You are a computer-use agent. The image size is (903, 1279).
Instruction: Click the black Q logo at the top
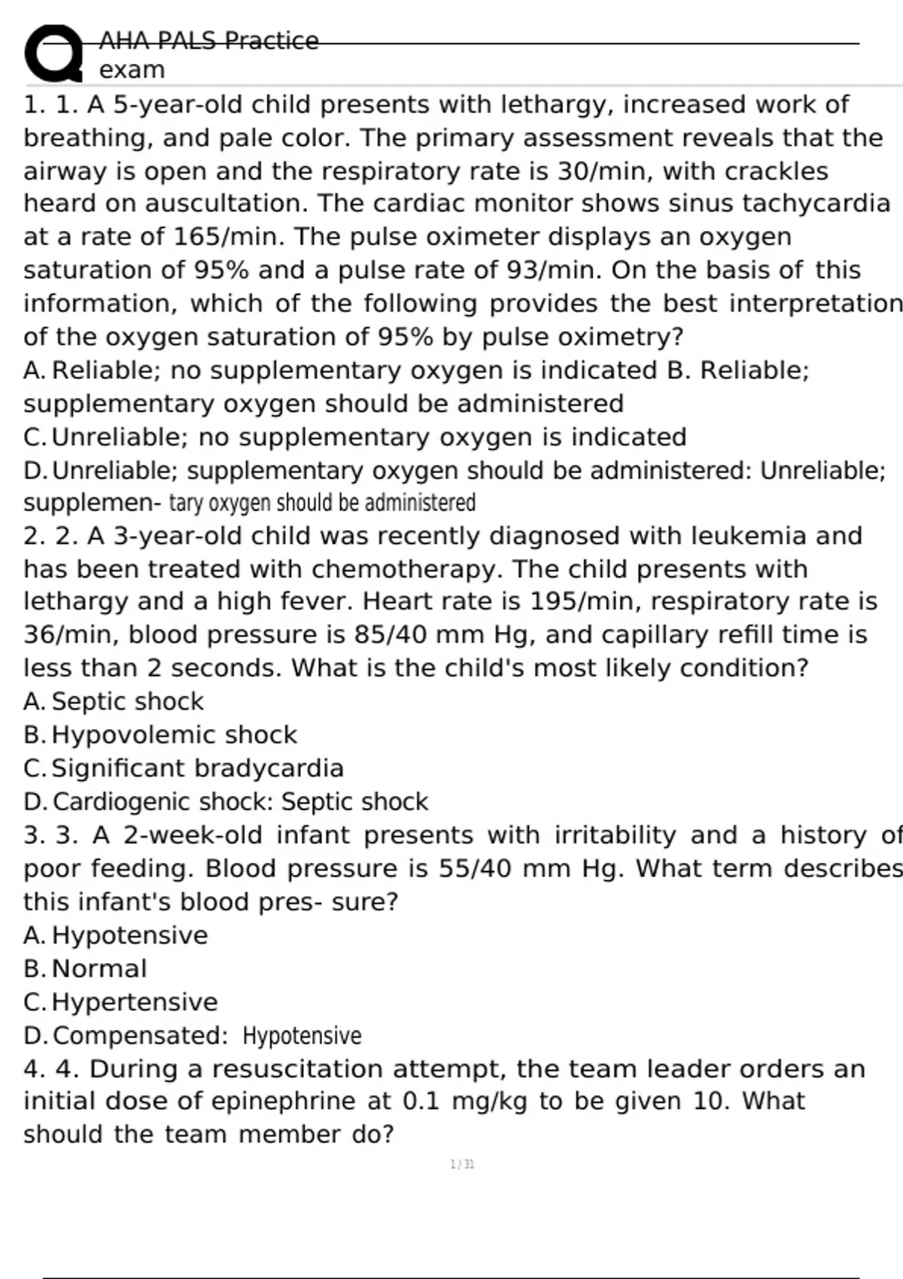[53, 53]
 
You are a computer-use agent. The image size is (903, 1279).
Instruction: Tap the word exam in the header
[132, 70]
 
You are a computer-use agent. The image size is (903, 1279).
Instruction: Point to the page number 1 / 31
[462, 1165]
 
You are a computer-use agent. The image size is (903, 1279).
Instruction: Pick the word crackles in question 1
[777, 172]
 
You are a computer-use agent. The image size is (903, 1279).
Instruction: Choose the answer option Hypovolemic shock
[174, 735]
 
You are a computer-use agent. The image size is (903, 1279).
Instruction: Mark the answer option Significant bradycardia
[197, 768]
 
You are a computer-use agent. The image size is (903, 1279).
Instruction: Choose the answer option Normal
[99, 969]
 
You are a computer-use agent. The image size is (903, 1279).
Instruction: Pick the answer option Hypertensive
[135, 1002]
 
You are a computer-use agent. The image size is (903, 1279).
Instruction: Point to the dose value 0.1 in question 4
[421, 1101]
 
